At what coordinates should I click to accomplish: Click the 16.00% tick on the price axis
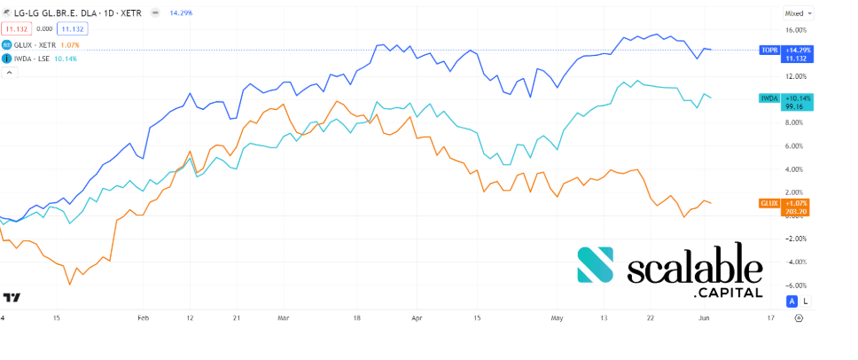[794, 29]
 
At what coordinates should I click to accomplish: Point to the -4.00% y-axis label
[794, 262]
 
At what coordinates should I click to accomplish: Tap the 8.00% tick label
[794, 122]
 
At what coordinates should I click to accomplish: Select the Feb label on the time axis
[143, 317]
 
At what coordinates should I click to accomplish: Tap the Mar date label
[284, 317]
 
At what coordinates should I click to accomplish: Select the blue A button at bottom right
[792, 301]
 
